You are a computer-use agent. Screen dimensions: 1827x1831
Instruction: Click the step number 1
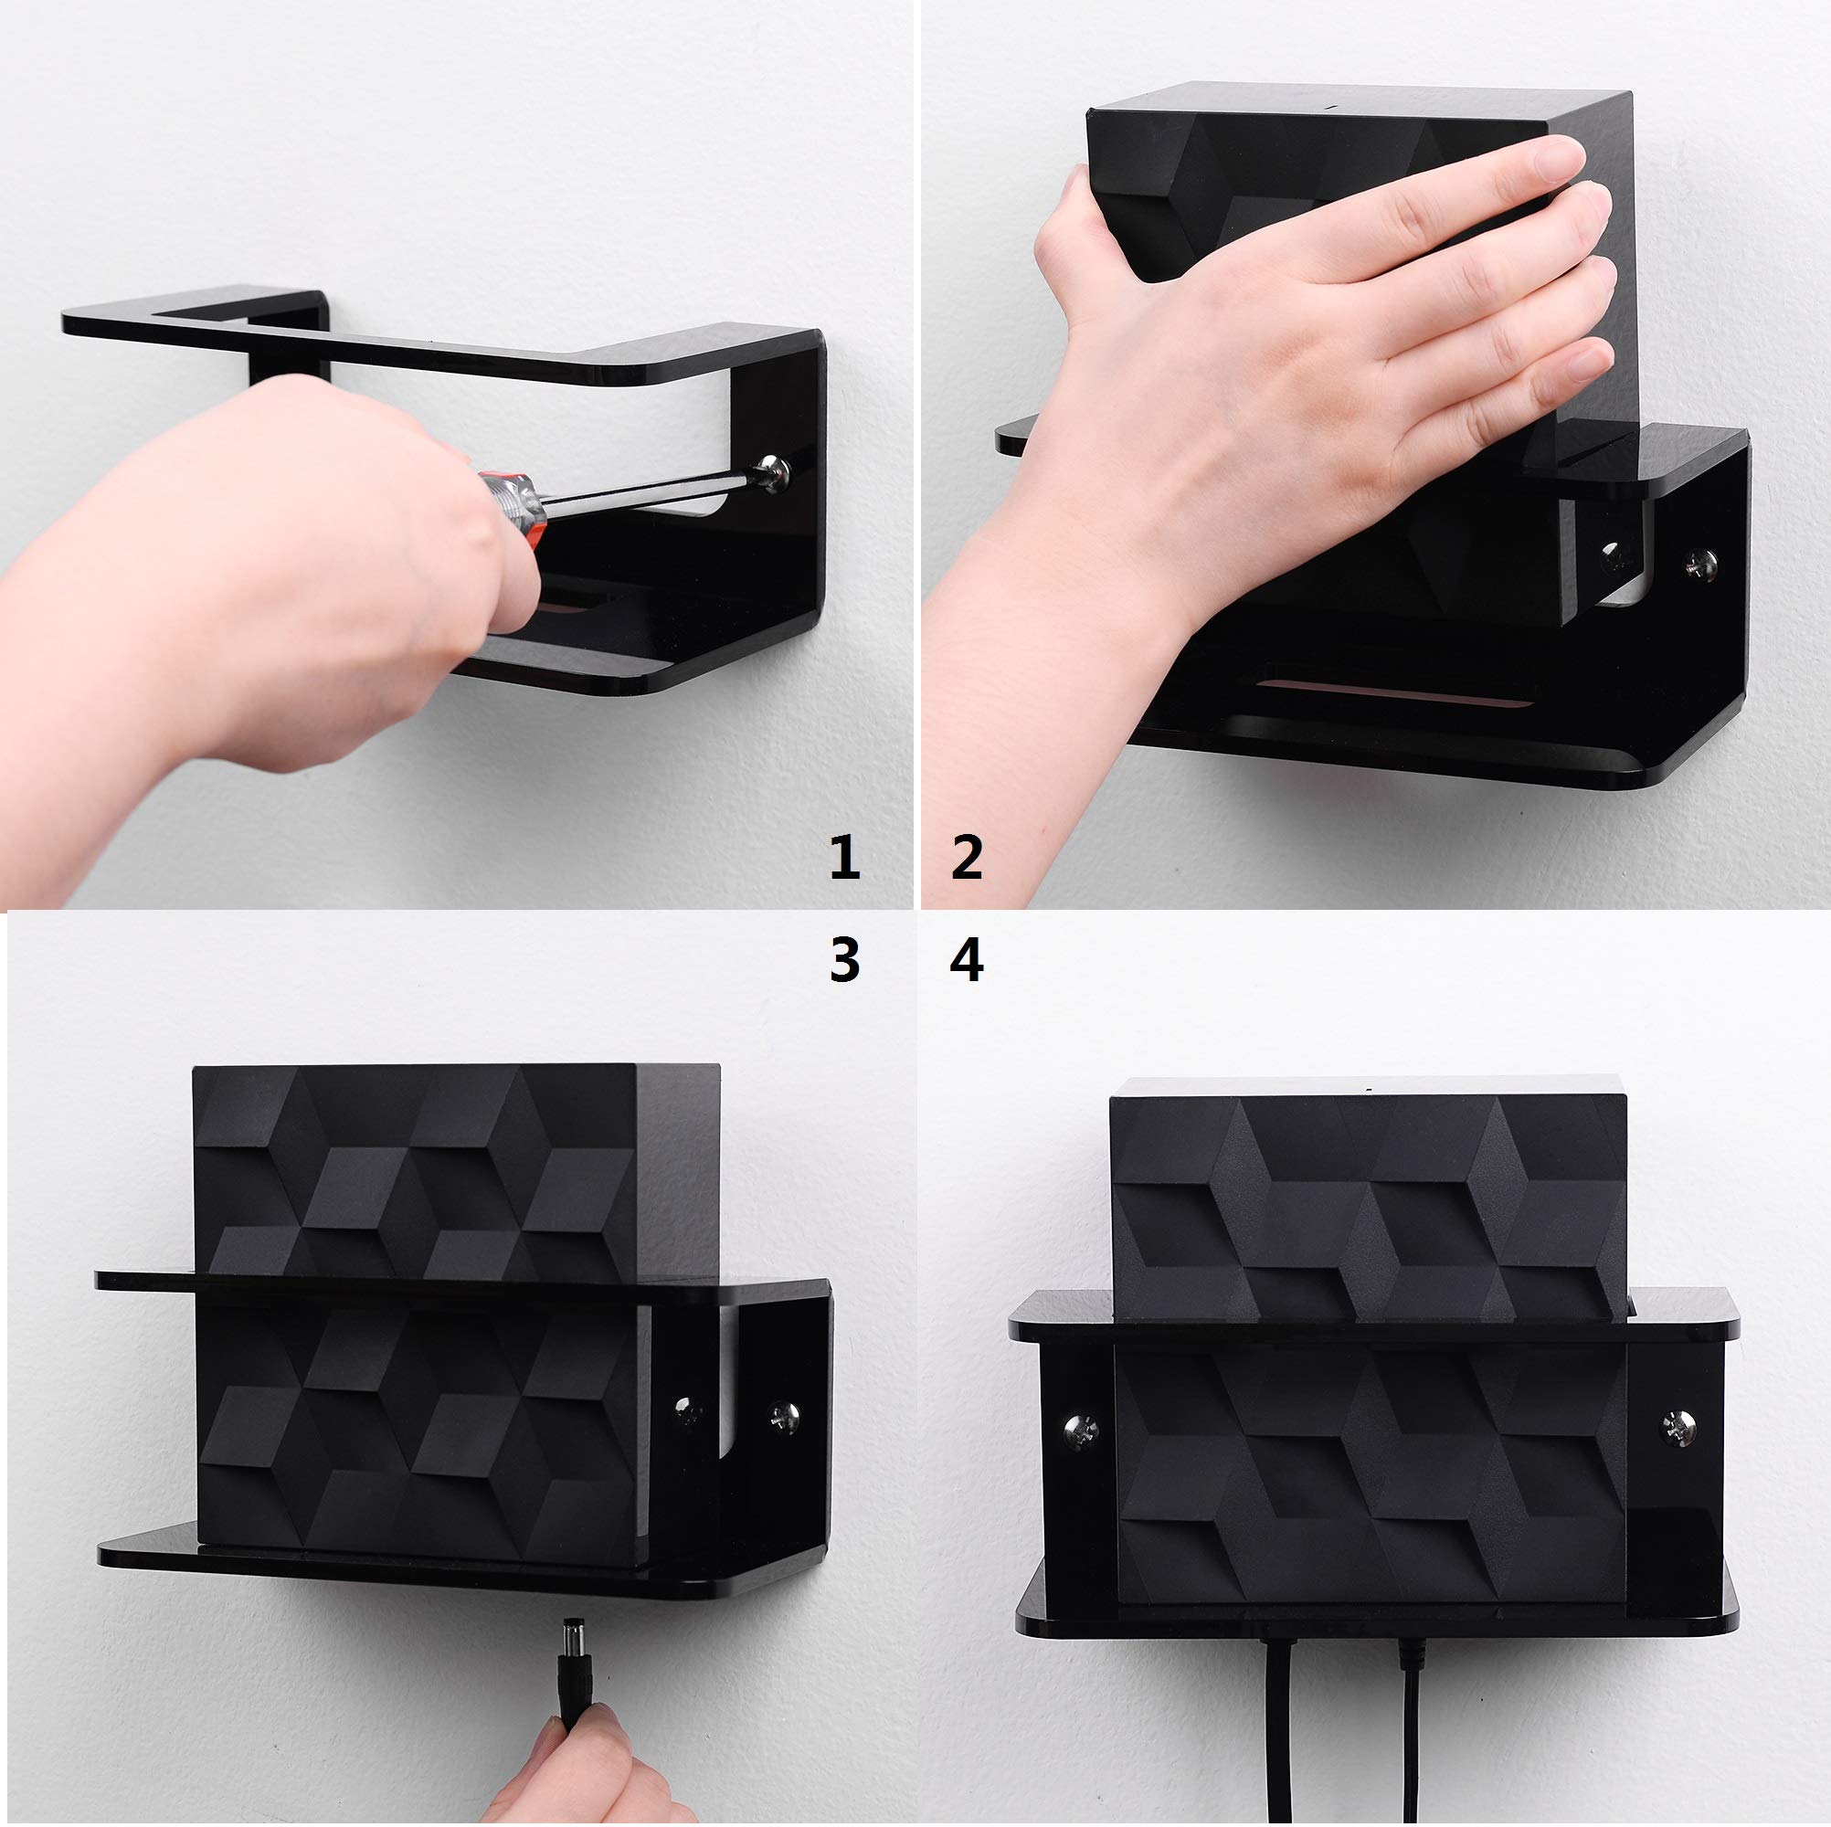point(843,858)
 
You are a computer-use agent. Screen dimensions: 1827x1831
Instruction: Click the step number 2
point(966,858)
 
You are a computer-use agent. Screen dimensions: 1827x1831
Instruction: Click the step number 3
point(843,959)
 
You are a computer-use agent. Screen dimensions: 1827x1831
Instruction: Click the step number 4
point(966,959)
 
